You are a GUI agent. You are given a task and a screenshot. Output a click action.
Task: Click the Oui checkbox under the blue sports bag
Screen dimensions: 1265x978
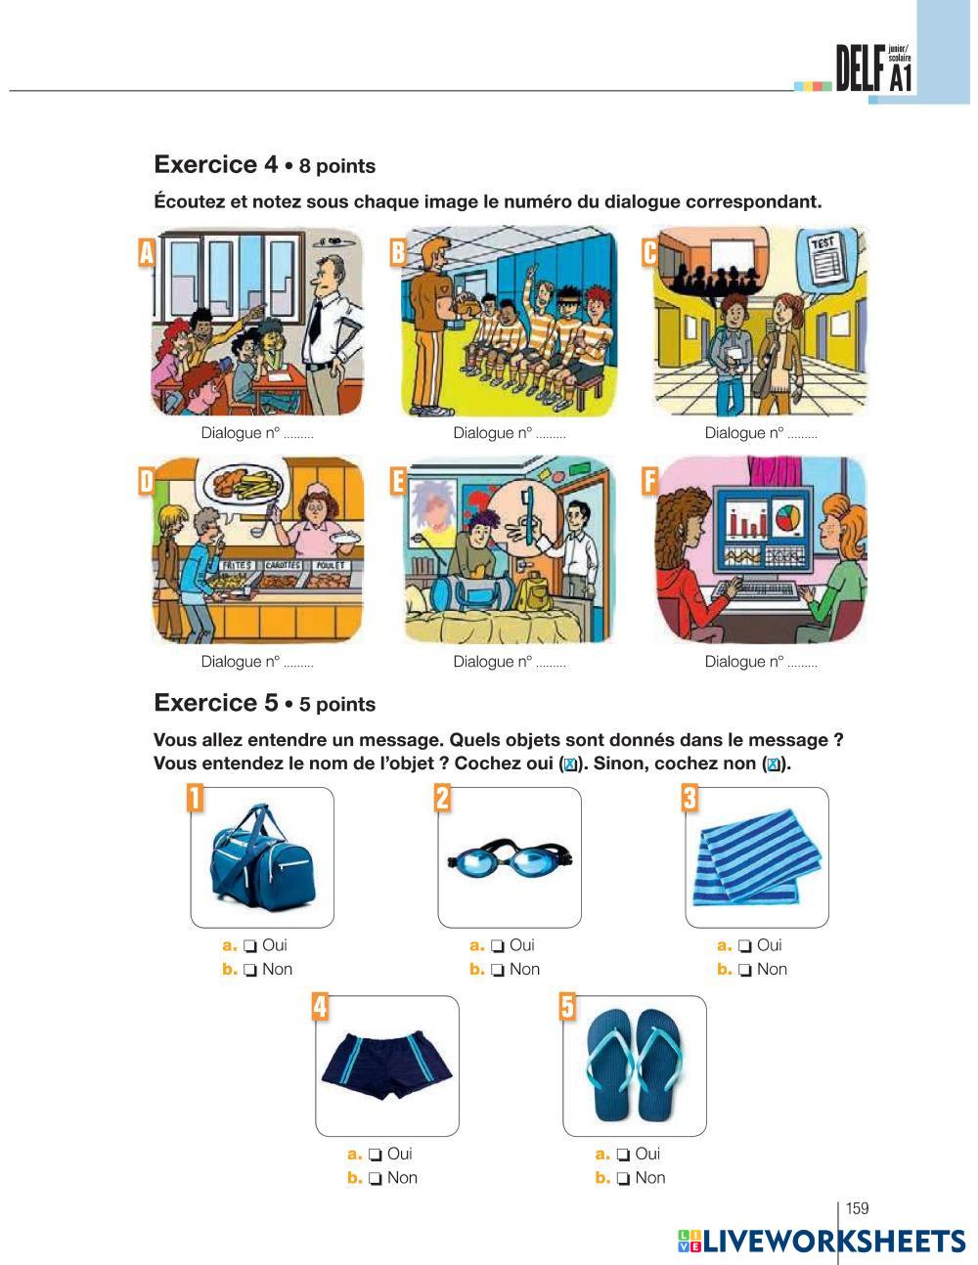[251, 945]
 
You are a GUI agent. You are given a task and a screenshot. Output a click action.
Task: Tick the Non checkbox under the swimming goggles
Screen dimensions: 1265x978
[499, 970]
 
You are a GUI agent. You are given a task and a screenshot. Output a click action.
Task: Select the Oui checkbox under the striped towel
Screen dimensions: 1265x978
[746, 945]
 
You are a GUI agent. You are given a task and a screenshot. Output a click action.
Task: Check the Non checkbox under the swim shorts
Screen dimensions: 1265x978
[376, 1178]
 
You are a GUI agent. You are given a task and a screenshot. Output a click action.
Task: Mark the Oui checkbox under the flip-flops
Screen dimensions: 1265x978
[624, 1154]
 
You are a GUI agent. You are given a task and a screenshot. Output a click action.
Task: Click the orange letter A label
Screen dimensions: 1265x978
[147, 252]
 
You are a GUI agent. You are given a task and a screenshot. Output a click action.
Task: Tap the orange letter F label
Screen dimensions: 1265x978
[649, 481]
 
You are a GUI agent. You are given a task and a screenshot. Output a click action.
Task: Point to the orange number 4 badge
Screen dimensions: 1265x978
[320, 1006]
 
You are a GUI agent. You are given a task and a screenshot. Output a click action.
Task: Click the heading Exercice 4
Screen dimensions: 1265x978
[216, 164]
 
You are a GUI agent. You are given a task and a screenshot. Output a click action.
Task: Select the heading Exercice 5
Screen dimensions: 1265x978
[216, 703]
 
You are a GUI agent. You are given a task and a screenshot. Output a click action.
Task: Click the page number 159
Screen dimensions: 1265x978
[857, 1208]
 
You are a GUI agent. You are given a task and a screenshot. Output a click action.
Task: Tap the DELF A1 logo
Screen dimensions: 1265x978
[874, 68]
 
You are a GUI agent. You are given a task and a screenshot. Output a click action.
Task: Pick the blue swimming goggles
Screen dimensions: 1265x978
[509, 859]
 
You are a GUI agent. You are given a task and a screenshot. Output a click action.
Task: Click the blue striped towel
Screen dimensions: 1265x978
[757, 857]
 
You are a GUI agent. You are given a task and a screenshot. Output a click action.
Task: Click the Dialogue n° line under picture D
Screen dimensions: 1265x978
[257, 662]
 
